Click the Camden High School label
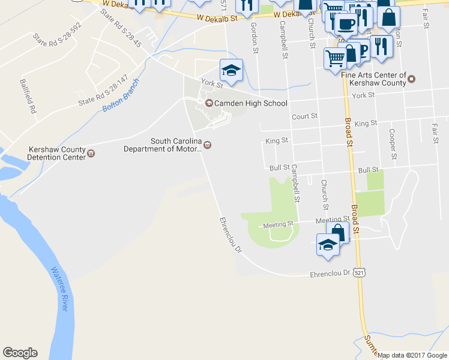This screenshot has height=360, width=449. click(x=251, y=103)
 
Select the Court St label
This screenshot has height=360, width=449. click(x=304, y=116)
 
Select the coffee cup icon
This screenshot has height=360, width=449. click(x=345, y=23)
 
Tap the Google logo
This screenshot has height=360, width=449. click(x=20, y=352)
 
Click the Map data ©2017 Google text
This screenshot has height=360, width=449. click(x=412, y=355)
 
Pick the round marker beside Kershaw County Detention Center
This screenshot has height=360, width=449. click(x=91, y=153)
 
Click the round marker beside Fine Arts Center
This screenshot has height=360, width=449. click(x=411, y=77)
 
